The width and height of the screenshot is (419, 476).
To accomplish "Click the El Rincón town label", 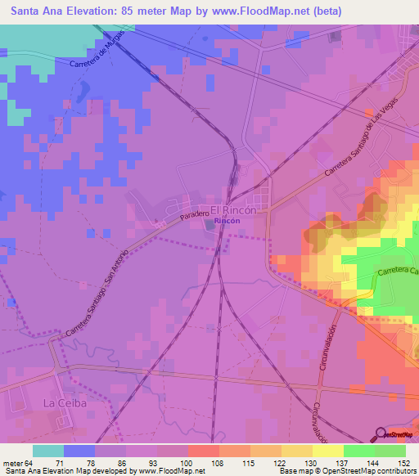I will tap(234, 210).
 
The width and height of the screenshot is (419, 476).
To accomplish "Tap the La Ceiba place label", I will tap(64, 403).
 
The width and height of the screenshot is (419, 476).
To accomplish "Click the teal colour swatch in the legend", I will tap(48, 451).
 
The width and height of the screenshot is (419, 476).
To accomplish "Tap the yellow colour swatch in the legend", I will tap(327, 451).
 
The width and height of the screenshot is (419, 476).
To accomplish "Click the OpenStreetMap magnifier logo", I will tap(381, 434).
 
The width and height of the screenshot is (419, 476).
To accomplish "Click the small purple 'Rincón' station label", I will tap(228, 221).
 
